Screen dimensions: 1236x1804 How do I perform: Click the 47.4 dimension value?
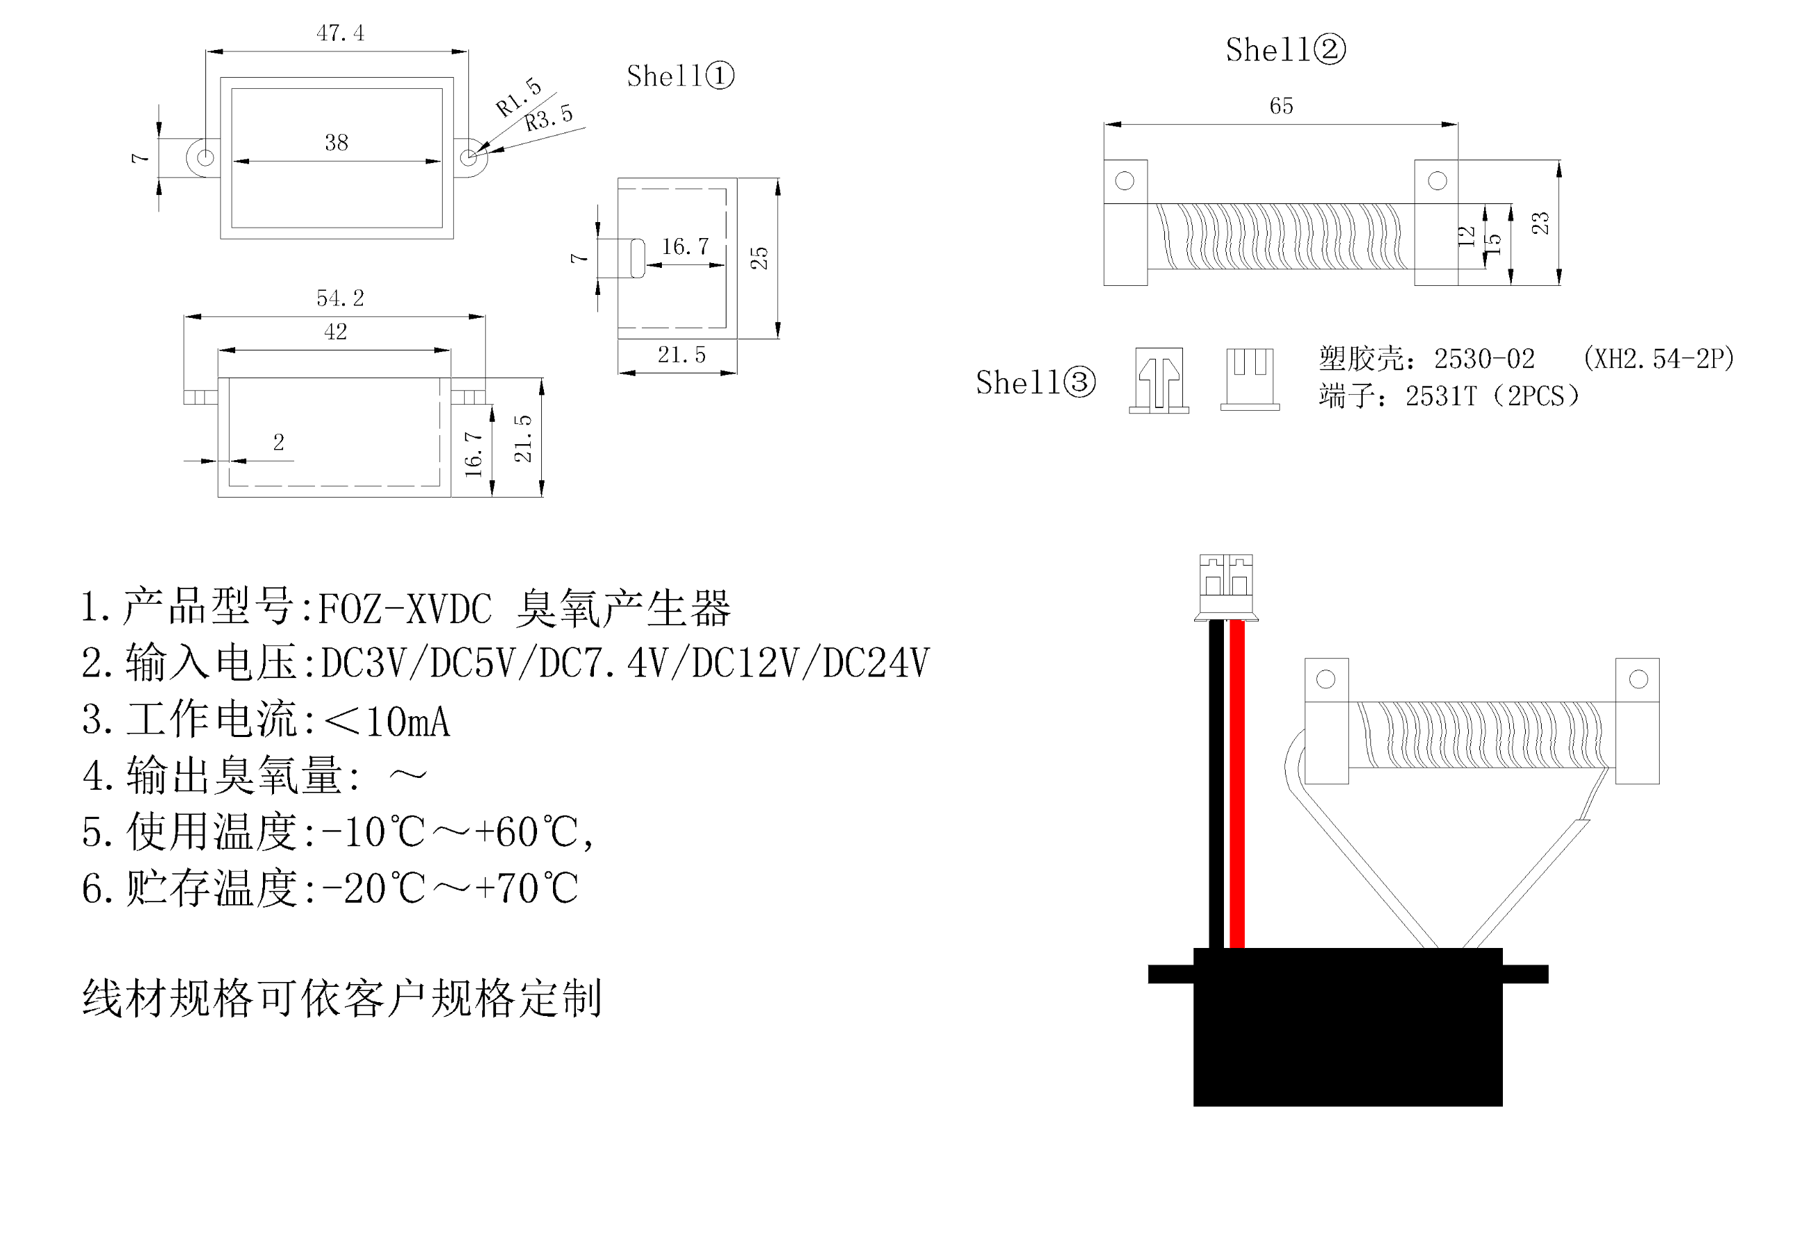click(x=340, y=33)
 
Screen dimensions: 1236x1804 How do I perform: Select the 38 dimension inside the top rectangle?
click(x=336, y=143)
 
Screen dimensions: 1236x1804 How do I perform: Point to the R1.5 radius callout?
click(x=518, y=97)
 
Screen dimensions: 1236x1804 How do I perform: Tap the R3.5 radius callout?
click(x=549, y=119)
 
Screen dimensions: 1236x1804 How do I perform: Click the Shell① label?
click(x=680, y=76)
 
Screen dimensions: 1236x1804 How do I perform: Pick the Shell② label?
click(x=1285, y=51)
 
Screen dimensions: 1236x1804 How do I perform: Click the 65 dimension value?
click(x=1281, y=106)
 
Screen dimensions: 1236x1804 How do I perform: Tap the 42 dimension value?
click(x=335, y=332)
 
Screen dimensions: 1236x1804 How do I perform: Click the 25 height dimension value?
click(x=759, y=257)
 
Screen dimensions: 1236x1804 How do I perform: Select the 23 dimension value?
click(x=1540, y=223)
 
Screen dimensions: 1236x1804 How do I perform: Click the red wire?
click(x=1237, y=784)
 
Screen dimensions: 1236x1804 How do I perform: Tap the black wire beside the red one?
click(x=1216, y=784)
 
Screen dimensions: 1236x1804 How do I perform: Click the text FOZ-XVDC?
click(x=405, y=609)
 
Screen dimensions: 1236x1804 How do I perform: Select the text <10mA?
click(x=386, y=721)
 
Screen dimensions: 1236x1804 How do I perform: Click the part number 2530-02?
click(x=1483, y=359)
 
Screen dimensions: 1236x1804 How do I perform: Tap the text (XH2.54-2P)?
click(x=1658, y=359)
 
